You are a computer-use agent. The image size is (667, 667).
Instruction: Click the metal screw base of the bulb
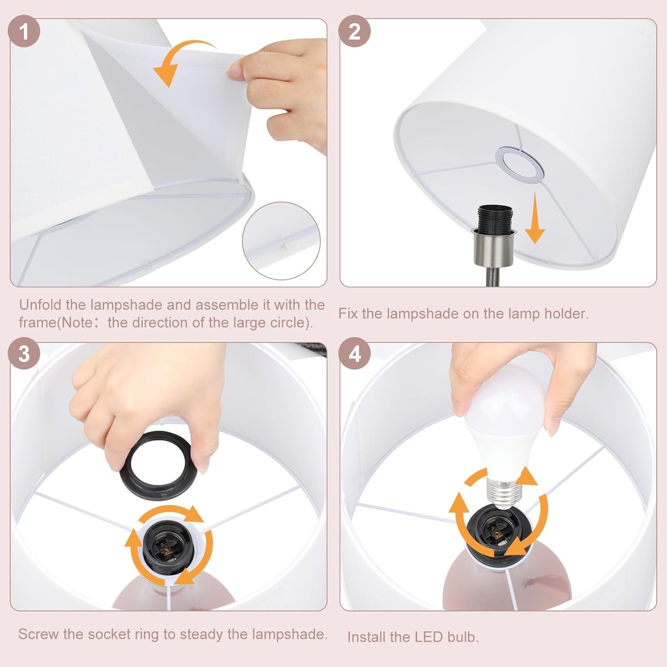pyautogui.click(x=505, y=491)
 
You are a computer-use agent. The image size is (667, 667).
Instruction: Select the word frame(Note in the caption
pyautogui.click(x=56, y=322)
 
